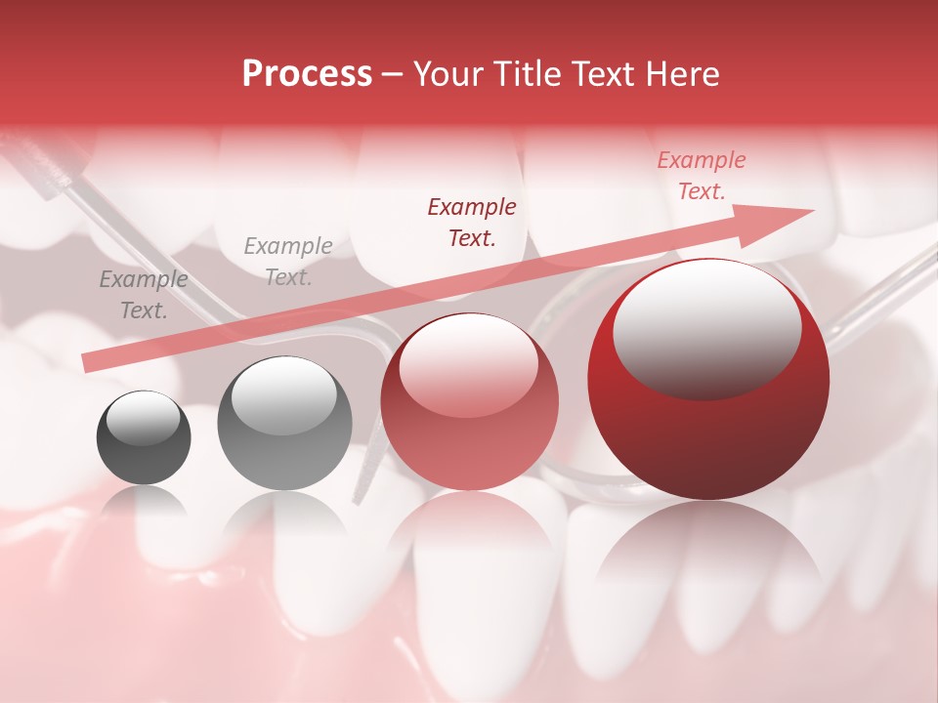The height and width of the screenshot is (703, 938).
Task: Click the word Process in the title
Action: [307, 74]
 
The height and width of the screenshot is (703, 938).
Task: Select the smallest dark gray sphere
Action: [144, 437]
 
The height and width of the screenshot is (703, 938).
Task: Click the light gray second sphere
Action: [284, 424]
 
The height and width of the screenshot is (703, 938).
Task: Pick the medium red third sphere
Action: [469, 402]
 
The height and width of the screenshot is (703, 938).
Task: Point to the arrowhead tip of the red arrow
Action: [812, 210]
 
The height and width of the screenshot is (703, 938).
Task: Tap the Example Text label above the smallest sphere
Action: [144, 295]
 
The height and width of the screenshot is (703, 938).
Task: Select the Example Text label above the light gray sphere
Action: [288, 262]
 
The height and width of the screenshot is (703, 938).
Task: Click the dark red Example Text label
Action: [472, 223]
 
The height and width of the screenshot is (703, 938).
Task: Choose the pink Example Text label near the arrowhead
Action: [701, 176]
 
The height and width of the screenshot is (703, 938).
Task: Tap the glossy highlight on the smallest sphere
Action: [144, 419]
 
